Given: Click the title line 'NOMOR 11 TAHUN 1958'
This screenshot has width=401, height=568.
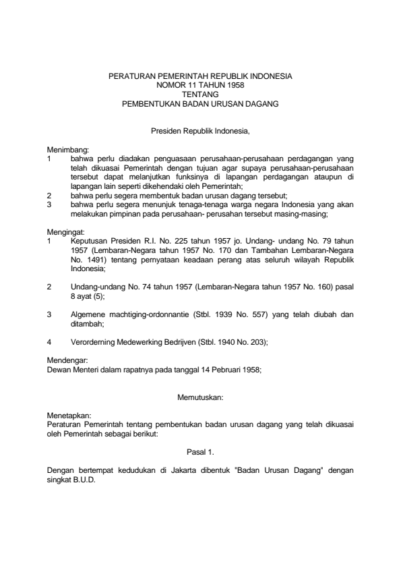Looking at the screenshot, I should (200, 86).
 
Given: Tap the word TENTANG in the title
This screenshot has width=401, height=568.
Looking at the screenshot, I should (200, 95).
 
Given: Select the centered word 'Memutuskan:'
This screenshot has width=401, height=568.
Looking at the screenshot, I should (200, 398).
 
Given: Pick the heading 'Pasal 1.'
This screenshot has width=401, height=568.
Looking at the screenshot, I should (200, 448).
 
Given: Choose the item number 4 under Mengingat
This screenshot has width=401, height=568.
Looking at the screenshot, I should (50, 342).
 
